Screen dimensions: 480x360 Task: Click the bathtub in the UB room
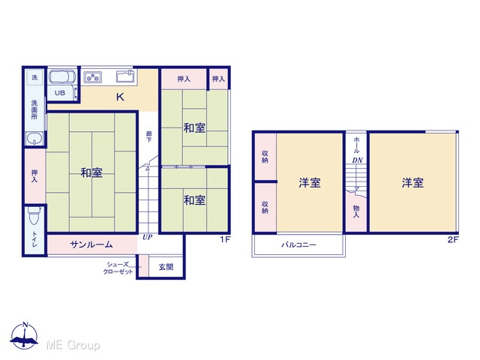coord(62,76)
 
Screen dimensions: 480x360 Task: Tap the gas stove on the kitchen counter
coord(93,77)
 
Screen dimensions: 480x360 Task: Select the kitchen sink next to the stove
coord(125,76)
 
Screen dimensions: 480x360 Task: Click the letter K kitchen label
coord(120,97)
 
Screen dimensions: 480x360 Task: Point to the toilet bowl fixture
coord(34,215)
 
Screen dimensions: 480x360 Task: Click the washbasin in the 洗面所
coord(34,139)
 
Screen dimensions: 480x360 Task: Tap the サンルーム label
coord(91,244)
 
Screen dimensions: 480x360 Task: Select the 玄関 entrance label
coord(166,267)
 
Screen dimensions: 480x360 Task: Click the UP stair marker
coord(147,237)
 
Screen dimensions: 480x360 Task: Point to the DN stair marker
coord(357,160)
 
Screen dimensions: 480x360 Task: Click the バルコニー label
coord(298,245)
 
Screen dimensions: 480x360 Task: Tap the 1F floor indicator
coord(225,239)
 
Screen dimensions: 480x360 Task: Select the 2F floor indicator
coord(453,239)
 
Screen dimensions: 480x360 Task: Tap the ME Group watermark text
coord(73,345)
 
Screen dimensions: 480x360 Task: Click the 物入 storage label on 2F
coord(356,211)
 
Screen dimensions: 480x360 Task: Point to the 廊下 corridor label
coord(148,136)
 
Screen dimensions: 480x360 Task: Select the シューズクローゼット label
coord(118,268)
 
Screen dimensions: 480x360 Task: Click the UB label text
coord(60,93)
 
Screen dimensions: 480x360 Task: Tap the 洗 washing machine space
coord(34,77)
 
